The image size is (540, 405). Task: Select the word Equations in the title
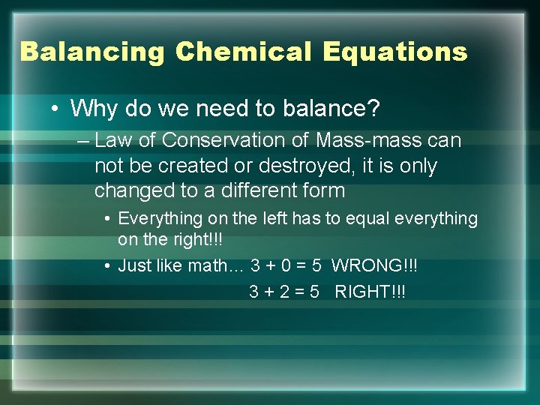395,52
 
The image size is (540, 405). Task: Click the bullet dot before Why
56,109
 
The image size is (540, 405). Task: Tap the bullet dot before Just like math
109,266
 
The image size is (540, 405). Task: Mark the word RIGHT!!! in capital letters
370,291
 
